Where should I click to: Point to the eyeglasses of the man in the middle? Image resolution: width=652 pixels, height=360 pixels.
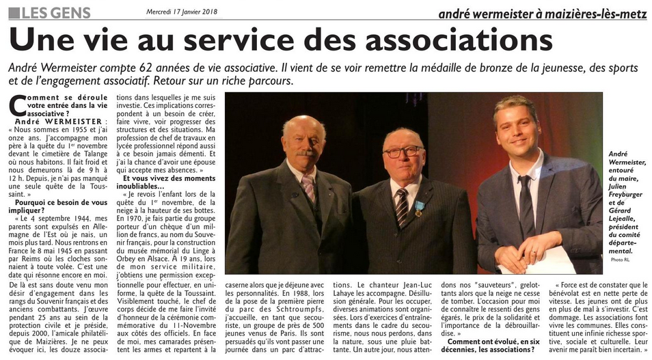[403, 152]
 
